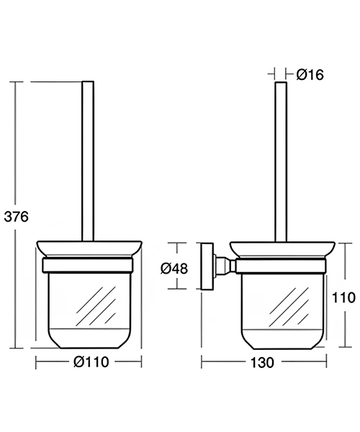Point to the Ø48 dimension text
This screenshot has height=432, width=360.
[x=174, y=268]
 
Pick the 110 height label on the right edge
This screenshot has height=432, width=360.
[x=345, y=297]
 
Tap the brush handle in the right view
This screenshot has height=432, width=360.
[x=279, y=158]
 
